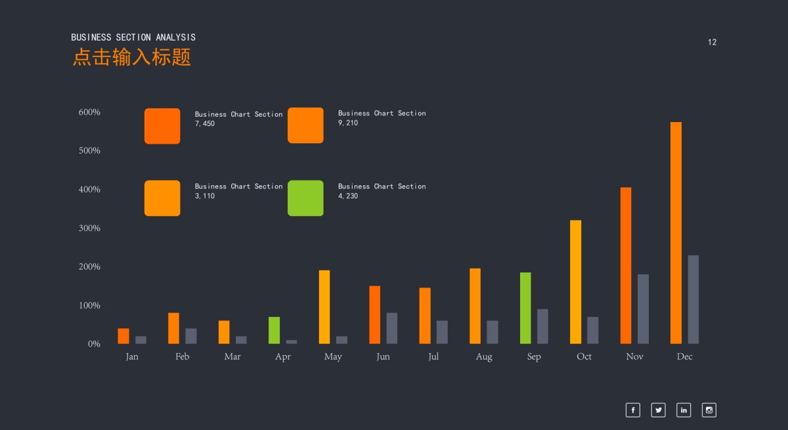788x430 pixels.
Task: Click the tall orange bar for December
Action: pos(676,233)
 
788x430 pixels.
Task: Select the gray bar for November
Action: pos(643,309)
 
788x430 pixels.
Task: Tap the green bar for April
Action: pos(274,330)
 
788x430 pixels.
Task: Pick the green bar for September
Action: pos(525,308)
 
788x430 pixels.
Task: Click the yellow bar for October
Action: pos(575,282)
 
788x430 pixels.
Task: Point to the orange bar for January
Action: pos(123,336)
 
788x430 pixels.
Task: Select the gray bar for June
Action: pos(391,328)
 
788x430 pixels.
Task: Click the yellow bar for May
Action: pos(324,307)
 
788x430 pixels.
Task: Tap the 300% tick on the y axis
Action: pos(89,228)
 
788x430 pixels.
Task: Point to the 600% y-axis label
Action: pos(89,112)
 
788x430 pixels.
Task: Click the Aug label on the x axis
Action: pos(484,356)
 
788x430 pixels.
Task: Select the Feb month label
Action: pos(182,356)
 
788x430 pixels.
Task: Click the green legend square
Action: pos(305,198)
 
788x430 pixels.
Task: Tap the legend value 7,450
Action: pos(205,123)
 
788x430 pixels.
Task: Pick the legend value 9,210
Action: pos(348,123)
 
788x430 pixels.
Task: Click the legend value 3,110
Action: pos(205,196)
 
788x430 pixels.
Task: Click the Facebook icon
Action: pos(632,410)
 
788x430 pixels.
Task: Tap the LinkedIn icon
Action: pos(684,410)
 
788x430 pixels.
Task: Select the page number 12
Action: pos(712,42)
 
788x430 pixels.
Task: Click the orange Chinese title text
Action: pos(131,57)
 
